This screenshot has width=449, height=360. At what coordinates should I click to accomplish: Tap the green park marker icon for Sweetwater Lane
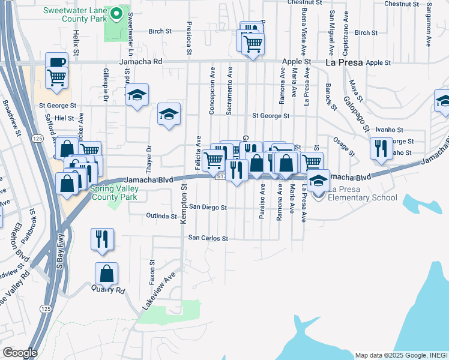pyautogui.click(x=118, y=12)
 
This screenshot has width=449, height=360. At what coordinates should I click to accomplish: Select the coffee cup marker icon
pyautogui.click(x=56, y=62)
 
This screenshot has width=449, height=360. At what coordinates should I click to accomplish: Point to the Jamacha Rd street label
pyautogui.click(x=141, y=62)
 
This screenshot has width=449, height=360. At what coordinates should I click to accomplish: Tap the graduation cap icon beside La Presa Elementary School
pyautogui.click(x=318, y=179)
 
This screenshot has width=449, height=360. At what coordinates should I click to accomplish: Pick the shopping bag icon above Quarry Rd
pyautogui.click(x=106, y=274)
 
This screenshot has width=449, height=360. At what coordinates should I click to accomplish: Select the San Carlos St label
pyautogui.click(x=208, y=238)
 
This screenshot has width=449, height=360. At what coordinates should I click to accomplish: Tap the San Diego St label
pyautogui.click(x=208, y=207)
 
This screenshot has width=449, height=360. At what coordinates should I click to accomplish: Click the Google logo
pyautogui.click(x=19, y=352)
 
